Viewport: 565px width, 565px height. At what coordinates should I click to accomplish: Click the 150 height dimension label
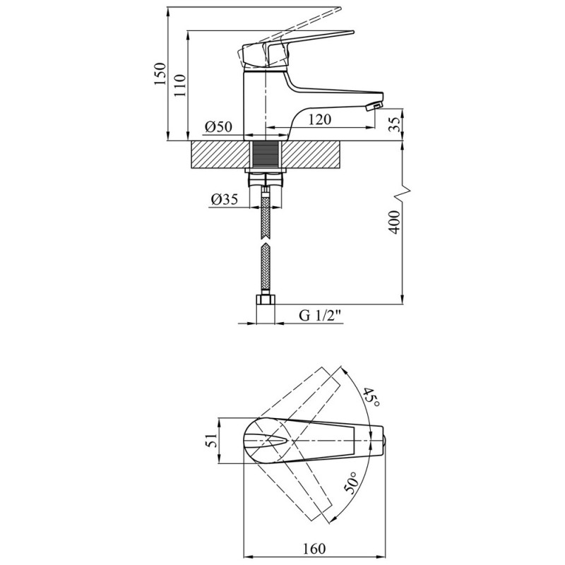coord(160,73)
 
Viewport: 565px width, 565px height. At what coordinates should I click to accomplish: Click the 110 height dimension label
coord(179,85)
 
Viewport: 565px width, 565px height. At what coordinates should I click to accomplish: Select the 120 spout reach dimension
coord(319,119)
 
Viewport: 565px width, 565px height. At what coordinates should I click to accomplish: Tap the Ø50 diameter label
coord(219,127)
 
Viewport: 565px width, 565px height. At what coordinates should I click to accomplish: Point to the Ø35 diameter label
coord(225,199)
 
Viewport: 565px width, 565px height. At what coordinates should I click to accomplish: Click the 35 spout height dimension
coord(395,124)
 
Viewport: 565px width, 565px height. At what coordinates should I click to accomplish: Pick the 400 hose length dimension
coord(395,222)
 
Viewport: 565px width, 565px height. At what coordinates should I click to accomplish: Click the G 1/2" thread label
coord(321,315)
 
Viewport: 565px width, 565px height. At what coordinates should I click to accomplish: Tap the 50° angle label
coord(352,483)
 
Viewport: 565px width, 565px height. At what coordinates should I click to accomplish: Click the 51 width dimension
coord(213,440)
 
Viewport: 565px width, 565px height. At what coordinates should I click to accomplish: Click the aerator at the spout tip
coord(374,107)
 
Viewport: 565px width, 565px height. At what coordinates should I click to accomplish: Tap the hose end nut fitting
coord(266,299)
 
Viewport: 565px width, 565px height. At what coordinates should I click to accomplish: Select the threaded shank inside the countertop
coord(266,155)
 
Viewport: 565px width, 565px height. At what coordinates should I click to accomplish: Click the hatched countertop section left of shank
coord(220,155)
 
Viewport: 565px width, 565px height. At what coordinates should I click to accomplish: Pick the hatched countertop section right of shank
coord(311,155)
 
